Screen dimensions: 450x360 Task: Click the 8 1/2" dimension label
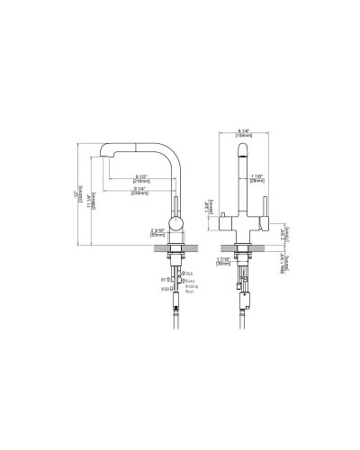tap(140, 175)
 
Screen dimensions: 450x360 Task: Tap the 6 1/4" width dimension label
tap(244, 133)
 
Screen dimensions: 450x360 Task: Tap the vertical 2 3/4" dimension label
tap(283, 238)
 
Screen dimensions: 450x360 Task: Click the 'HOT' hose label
tap(164, 280)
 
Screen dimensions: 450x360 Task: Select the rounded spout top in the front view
tap(240, 150)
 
